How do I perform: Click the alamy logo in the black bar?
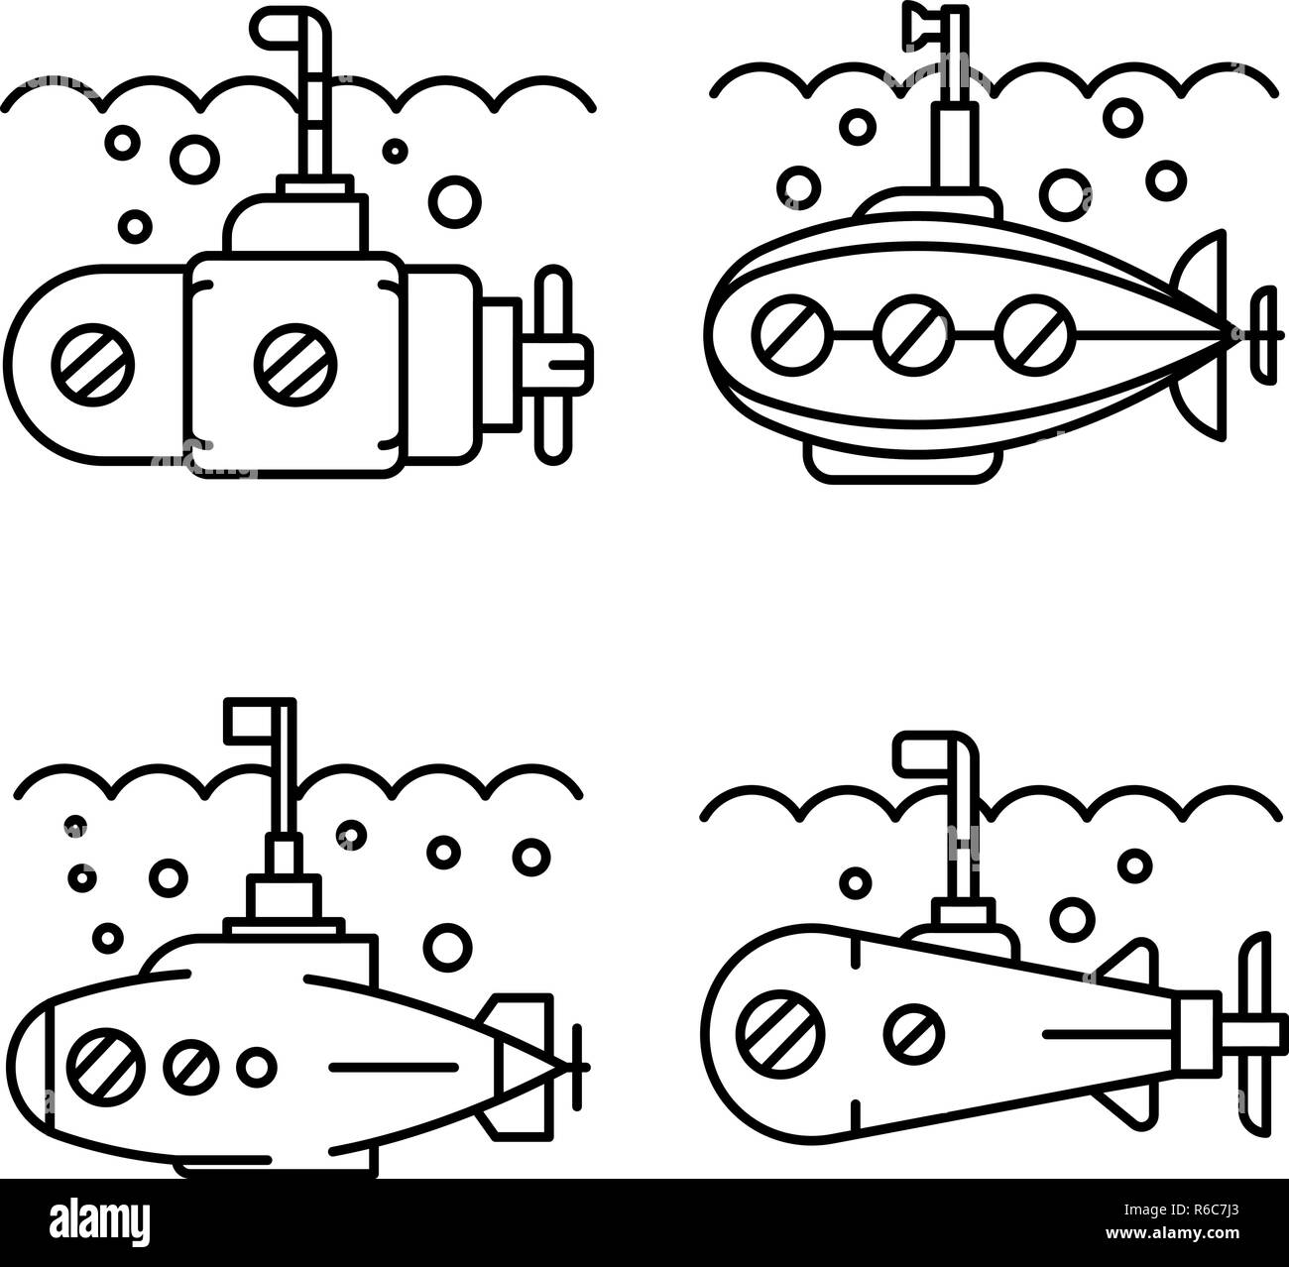point(100,1221)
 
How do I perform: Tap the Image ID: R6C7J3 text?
point(1181,1209)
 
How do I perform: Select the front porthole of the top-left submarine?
point(93,365)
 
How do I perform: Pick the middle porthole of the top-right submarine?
point(914,335)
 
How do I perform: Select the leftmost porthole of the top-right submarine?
point(792,335)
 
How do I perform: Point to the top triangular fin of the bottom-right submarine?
point(1130,964)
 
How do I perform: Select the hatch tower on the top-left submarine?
point(295,221)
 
